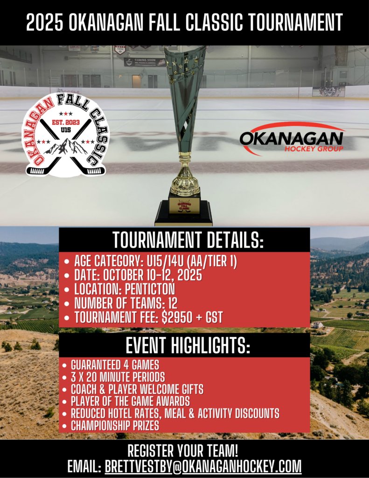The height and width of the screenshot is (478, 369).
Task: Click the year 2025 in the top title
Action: (44, 22)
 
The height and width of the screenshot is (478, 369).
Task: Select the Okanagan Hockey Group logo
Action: (292, 139)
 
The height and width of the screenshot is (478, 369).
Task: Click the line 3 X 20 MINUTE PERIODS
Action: (118, 377)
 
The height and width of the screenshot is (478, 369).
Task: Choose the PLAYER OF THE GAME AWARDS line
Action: (130, 401)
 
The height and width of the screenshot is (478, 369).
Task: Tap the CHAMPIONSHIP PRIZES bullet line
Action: (115, 425)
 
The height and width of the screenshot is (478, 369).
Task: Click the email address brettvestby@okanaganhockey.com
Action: (203, 466)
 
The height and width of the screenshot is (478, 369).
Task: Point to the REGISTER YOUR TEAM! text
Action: (184, 451)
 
